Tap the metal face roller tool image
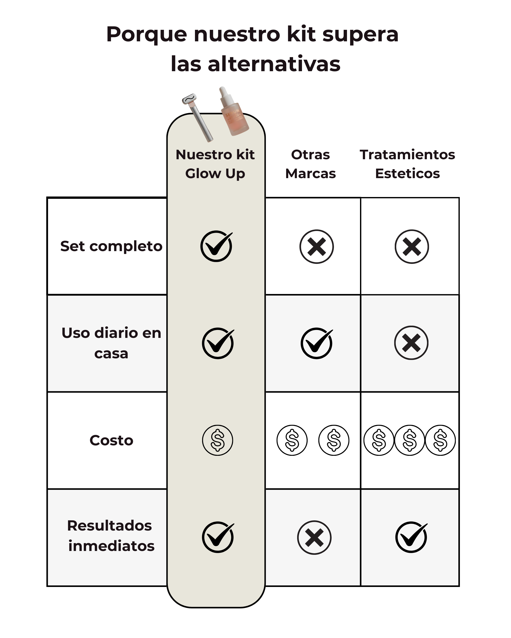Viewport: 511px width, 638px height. click(x=197, y=117)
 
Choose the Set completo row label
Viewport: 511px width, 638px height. click(x=111, y=246)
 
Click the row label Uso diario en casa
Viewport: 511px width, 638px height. click(x=111, y=343)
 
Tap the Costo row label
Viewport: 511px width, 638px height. click(x=111, y=440)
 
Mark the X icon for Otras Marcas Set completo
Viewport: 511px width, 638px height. click(x=316, y=247)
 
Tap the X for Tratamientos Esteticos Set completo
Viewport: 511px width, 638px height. click(x=411, y=247)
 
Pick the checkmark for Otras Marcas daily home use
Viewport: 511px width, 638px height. click(x=317, y=343)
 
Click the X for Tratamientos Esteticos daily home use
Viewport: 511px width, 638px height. click(x=411, y=343)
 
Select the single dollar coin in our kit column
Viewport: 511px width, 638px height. click(x=217, y=440)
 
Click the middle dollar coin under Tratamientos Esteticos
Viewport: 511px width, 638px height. click(x=410, y=440)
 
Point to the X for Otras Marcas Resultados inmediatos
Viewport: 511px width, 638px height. click(x=314, y=537)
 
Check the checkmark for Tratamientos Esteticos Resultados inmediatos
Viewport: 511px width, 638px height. click(x=411, y=537)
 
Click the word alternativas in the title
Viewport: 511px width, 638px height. click(x=274, y=64)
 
